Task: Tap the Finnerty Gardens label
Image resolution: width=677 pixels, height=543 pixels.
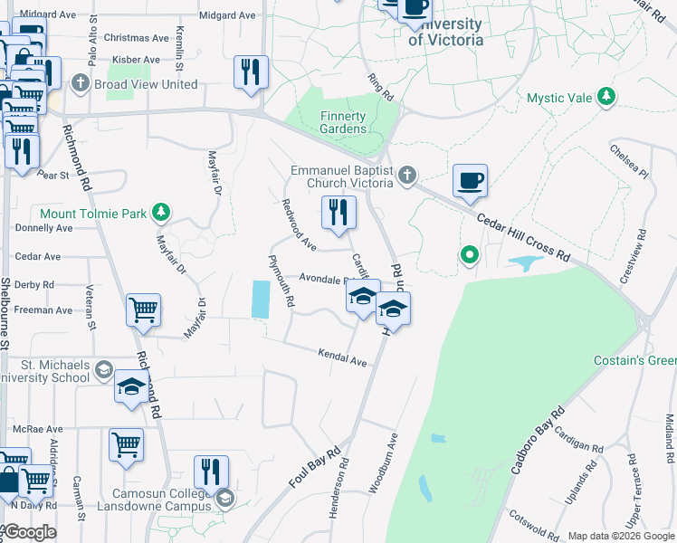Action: [x=343, y=122]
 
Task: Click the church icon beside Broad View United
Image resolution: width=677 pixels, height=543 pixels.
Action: [x=81, y=84]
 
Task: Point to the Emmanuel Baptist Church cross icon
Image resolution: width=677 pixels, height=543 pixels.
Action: [x=408, y=175]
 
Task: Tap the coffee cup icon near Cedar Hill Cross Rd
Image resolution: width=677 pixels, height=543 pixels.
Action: [x=470, y=181]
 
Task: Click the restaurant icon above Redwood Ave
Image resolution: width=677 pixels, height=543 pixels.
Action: [x=338, y=214]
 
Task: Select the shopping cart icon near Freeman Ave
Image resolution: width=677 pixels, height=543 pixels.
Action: [x=144, y=310]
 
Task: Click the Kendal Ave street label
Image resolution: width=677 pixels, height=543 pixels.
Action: [x=342, y=357]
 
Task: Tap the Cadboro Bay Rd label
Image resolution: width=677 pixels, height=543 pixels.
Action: [x=531, y=448]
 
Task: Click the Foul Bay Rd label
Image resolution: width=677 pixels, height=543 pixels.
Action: [x=314, y=467]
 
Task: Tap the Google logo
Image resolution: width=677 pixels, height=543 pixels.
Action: [x=29, y=532]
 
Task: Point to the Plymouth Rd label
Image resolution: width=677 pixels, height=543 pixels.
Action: [x=281, y=280]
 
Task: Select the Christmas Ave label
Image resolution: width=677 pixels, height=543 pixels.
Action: [x=137, y=38]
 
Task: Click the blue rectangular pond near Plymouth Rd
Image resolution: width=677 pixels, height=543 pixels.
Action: [x=260, y=299]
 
